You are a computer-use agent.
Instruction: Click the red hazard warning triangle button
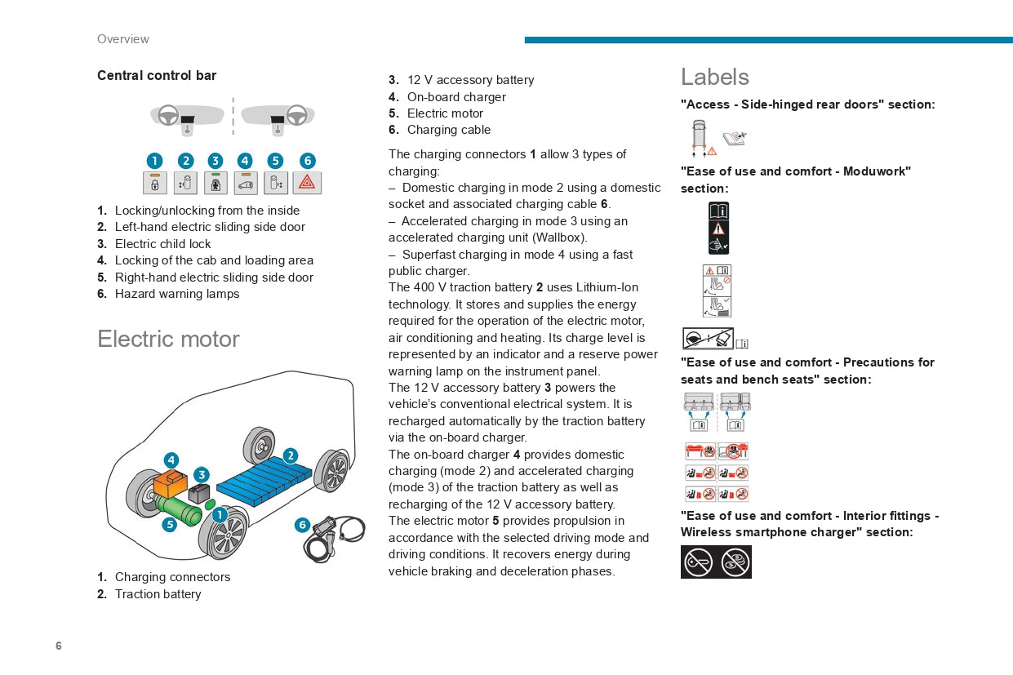(307, 183)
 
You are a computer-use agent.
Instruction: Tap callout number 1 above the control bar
(154, 161)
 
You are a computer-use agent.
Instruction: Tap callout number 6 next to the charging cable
(302, 525)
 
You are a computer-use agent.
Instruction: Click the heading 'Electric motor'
(168, 339)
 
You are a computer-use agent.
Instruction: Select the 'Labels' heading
(714, 77)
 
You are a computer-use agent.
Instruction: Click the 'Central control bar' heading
(157, 75)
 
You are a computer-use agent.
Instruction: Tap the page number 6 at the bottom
(59, 646)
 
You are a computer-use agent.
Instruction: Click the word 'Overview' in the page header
(122, 39)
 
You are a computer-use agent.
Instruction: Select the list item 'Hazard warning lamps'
(177, 294)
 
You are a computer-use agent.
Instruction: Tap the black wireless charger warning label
(716, 562)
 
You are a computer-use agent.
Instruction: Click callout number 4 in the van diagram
(171, 460)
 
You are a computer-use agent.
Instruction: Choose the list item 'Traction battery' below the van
(158, 594)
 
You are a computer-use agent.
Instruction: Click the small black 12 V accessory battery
(199, 494)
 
